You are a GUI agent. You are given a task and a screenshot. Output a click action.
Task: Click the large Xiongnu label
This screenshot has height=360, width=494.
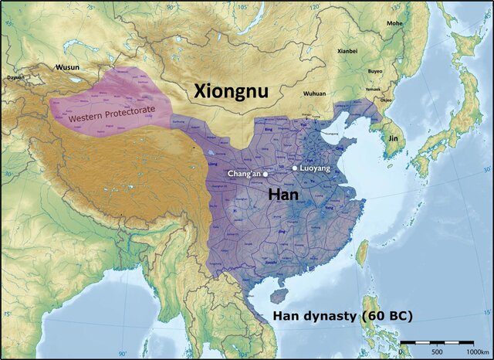(231, 90)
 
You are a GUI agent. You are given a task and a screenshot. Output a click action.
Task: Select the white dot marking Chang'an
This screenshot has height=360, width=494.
(266, 174)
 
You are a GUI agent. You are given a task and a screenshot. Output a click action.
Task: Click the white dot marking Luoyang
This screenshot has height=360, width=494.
(294, 168)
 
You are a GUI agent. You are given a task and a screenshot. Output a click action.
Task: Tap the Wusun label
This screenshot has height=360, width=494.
(66, 67)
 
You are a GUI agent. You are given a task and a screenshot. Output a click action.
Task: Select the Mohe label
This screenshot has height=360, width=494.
(394, 23)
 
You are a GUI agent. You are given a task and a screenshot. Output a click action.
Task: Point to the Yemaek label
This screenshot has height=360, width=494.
(374, 89)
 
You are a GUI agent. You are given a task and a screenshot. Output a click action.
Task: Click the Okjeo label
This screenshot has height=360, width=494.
(386, 100)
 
